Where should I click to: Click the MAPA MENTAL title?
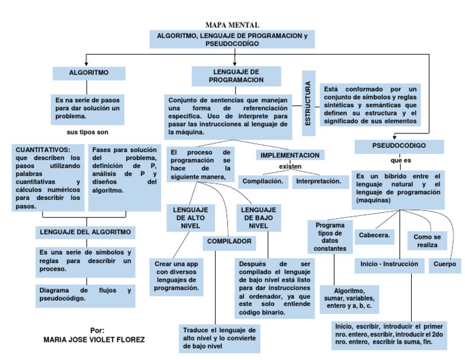click(232, 25)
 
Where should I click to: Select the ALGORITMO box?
click(89, 73)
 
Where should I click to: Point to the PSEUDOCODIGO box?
click(399, 146)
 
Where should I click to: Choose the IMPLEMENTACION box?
click(289, 156)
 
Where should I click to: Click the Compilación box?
click(263, 181)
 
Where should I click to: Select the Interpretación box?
click(318, 181)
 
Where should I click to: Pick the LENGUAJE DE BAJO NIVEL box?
click(259, 217)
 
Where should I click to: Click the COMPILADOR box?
click(229, 241)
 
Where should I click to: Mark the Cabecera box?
click(375, 235)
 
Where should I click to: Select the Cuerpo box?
click(445, 265)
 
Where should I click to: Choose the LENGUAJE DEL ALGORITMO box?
click(85, 232)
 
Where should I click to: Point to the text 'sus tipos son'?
click(87, 132)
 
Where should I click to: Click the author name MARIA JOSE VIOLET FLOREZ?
click(94, 340)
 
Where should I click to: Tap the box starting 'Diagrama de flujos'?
click(85, 295)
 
